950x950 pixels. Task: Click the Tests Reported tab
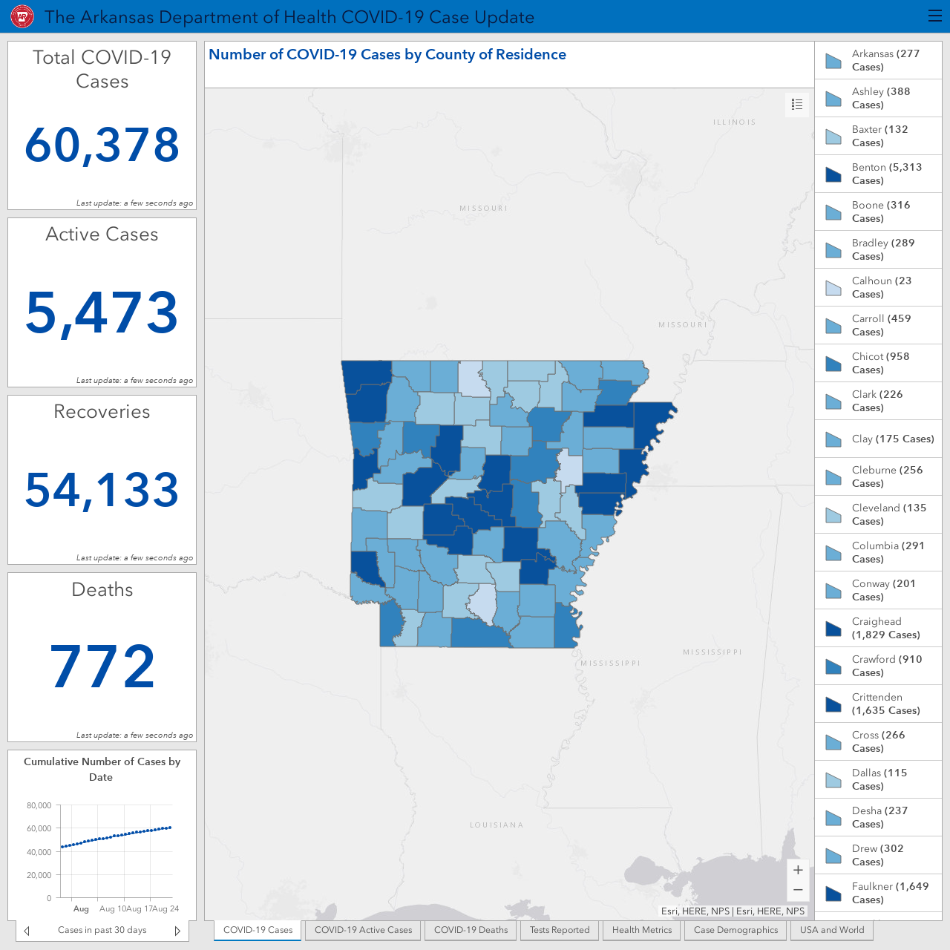pyautogui.click(x=559, y=930)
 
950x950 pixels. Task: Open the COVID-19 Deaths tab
pyautogui.click(x=471, y=930)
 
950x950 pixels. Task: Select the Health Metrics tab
pyautogui.click(x=641, y=930)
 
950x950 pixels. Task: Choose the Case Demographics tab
pyautogui.click(x=736, y=930)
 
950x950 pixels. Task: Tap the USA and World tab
pyautogui.click(x=832, y=930)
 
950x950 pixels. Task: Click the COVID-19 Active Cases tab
pyautogui.click(x=363, y=930)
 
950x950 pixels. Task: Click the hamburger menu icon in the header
pyautogui.click(x=934, y=16)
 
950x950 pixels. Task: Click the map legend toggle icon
pyautogui.click(x=797, y=105)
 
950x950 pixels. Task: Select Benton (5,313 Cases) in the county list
pyautogui.click(x=878, y=174)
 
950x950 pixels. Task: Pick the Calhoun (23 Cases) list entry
pyautogui.click(x=878, y=287)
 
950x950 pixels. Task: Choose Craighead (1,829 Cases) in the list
pyautogui.click(x=878, y=628)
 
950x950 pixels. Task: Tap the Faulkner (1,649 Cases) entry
pyautogui.click(x=878, y=892)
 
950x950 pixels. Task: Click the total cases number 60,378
pyautogui.click(x=102, y=145)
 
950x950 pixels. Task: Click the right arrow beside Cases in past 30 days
pyautogui.click(x=177, y=930)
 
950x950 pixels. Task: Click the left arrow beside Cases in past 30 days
pyautogui.click(x=27, y=930)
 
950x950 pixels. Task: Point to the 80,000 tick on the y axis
pyautogui.click(x=39, y=805)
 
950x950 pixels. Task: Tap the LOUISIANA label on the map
pyautogui.click(x=497, y=825)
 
